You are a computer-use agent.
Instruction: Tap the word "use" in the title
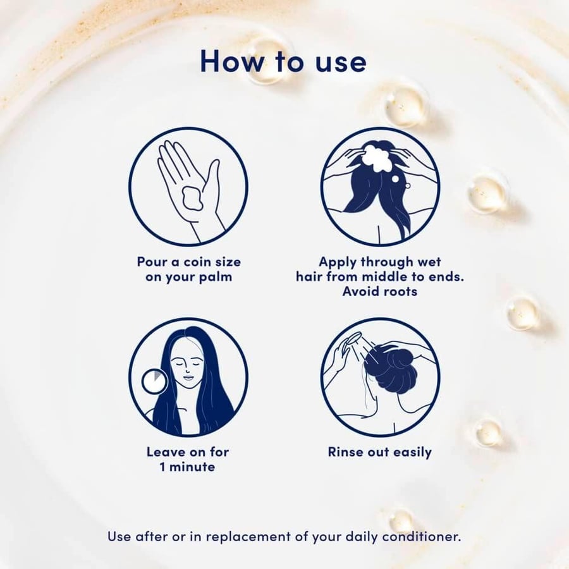pos(341,63)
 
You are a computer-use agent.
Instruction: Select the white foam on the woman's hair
pos(377,158)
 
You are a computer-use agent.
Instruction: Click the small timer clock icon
pos(154,381)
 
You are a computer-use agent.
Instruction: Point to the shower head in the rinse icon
pos(352,340)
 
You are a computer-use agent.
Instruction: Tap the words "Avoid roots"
pos(380,291)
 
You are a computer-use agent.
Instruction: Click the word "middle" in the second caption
pos(385,276)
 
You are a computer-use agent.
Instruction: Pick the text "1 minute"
pos(187,467)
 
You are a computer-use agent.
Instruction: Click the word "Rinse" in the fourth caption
pos(346,452)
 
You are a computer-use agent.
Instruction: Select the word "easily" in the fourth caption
pos(412,453)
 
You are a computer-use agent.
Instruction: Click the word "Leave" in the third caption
pos(165,452)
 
